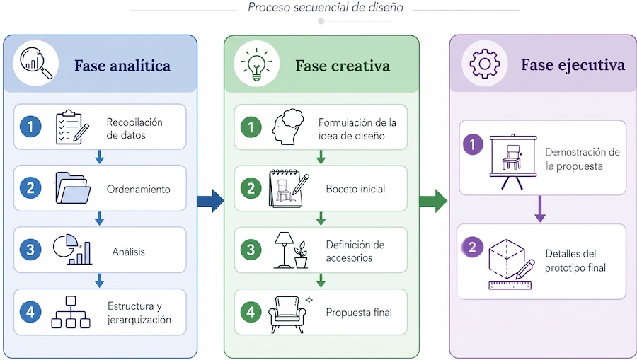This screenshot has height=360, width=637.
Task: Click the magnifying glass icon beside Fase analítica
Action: point(36,64)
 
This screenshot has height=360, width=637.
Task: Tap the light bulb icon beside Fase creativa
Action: point(257,64)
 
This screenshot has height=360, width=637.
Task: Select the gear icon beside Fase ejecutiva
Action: point(485,64)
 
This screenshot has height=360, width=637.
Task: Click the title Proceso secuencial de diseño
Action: point(326,7)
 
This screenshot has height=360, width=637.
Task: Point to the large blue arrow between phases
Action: point(210,200)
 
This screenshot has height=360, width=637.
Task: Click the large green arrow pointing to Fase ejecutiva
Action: point(433,200)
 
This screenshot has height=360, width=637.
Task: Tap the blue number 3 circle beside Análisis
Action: point(30,250)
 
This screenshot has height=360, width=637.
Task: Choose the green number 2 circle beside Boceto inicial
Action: point(251,188)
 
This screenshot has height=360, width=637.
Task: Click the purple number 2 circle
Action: point(473,247)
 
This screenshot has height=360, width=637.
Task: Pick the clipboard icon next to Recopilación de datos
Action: point(72,127)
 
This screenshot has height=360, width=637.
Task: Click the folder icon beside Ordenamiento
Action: point(73,188)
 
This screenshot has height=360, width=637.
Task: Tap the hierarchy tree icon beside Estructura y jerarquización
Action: point(71,312)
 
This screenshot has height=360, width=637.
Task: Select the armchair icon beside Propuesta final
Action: point(287,314)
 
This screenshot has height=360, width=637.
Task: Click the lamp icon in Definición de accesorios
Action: point(285,250)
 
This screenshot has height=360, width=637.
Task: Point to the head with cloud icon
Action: point(288,127)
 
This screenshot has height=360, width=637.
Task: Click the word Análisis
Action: point(128,252)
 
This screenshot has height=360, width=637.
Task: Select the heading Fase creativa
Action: point(343,66)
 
